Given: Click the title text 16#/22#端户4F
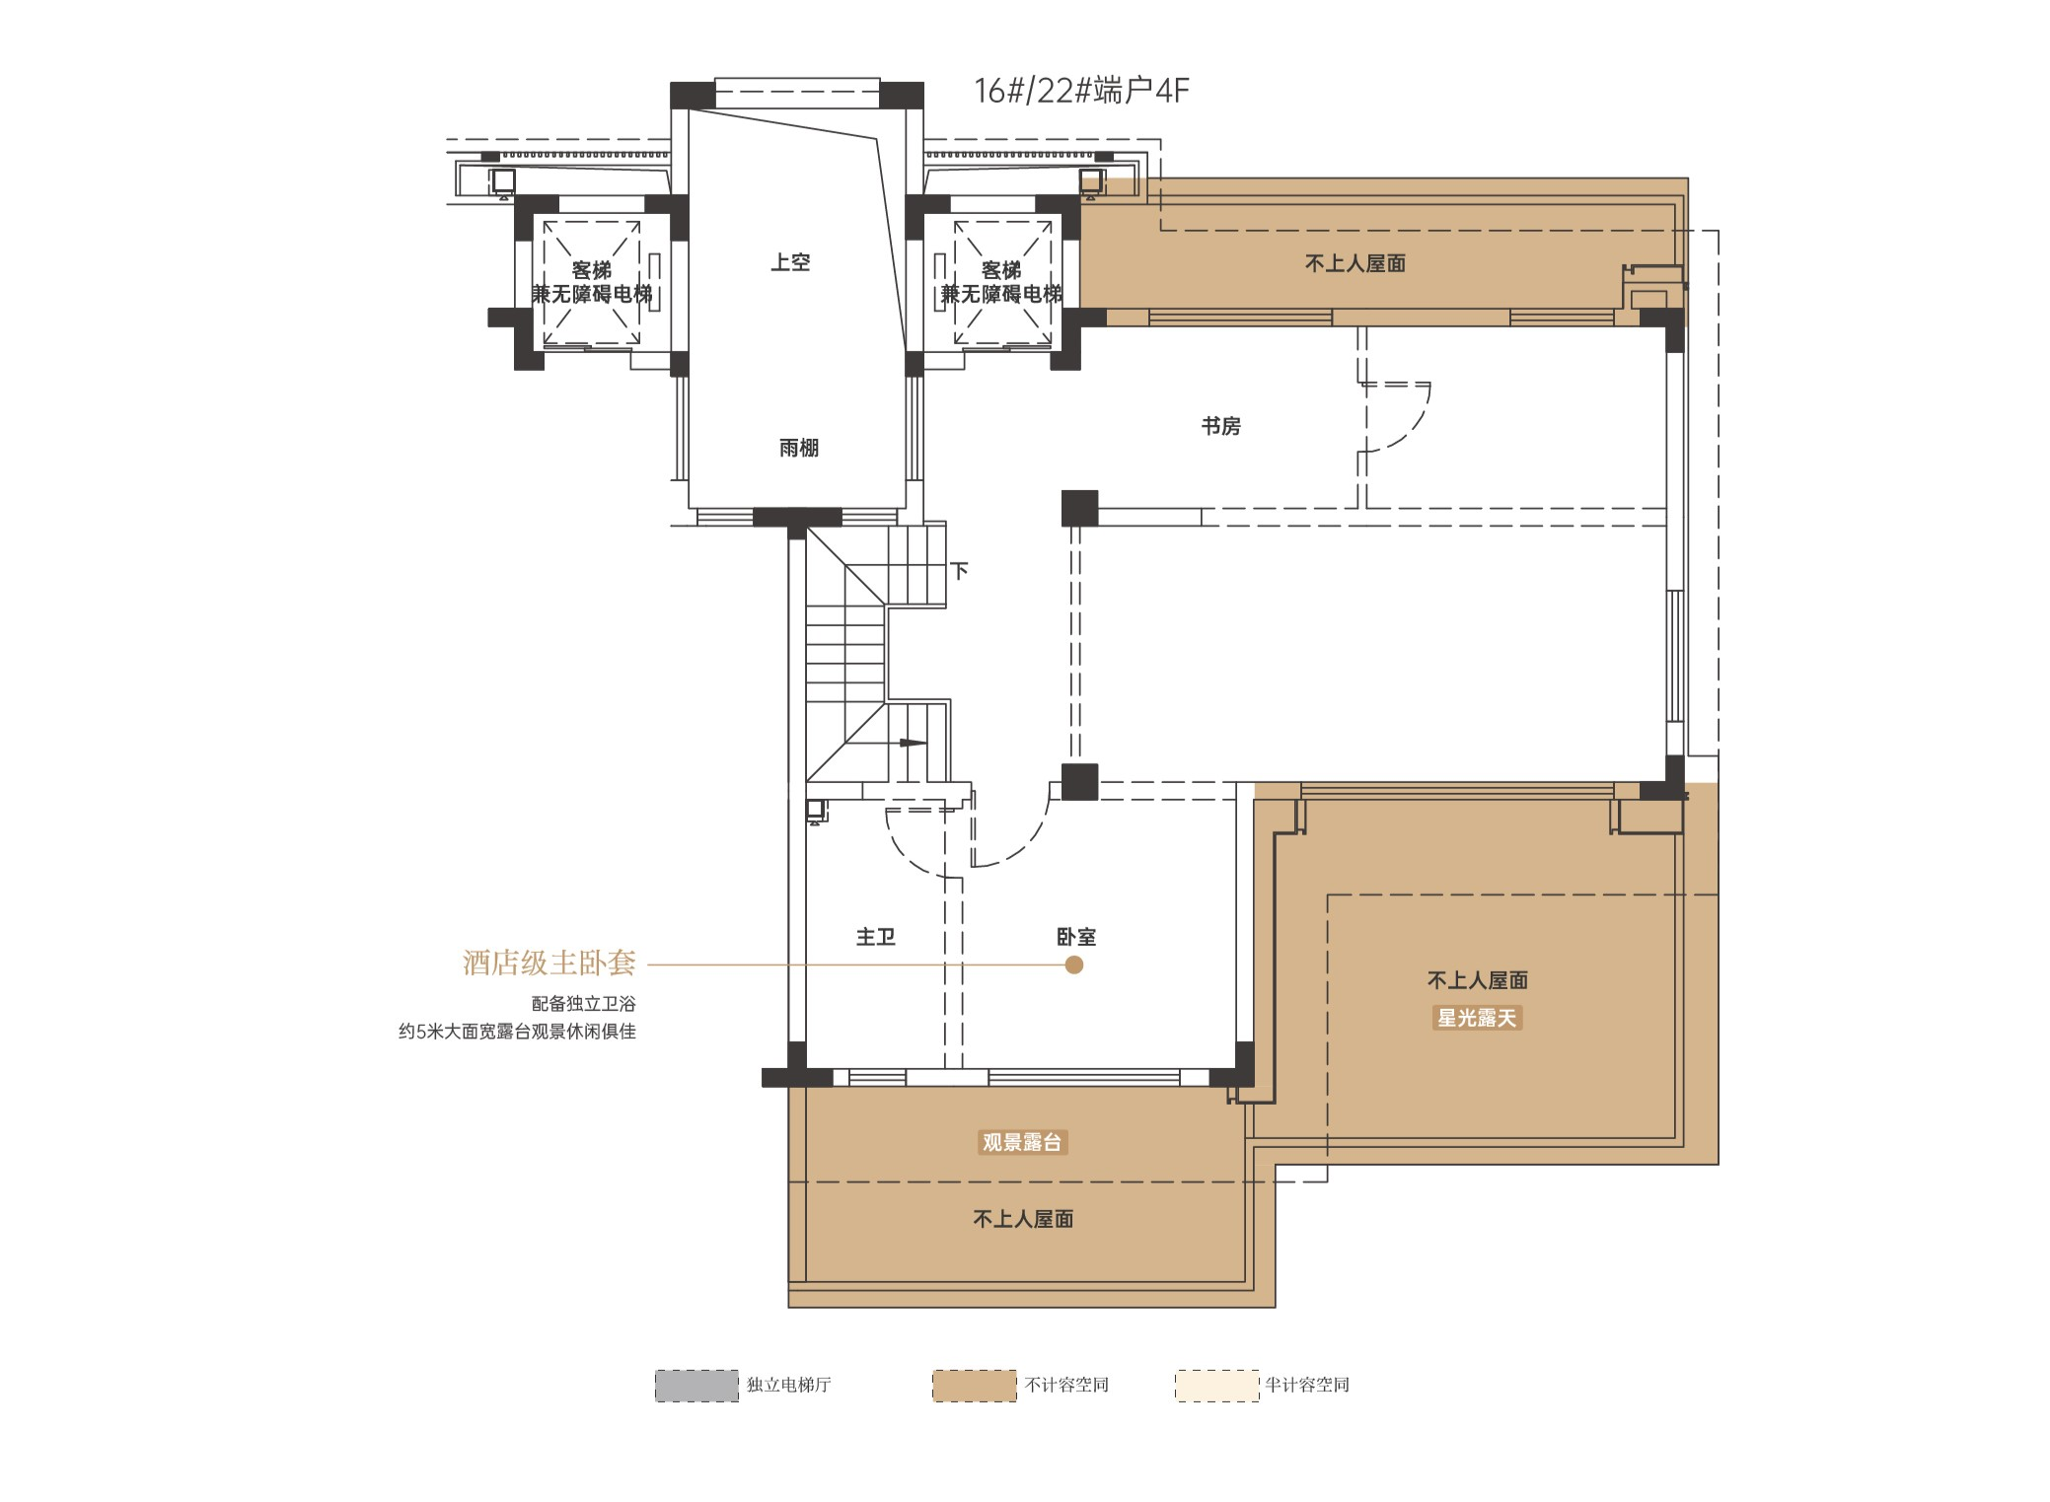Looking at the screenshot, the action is tap(1081, 91).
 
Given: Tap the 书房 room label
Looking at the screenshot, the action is tap(1220, 426).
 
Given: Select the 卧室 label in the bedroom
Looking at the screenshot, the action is tap(1076, 937).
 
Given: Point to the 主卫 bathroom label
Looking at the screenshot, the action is tap(875, 937).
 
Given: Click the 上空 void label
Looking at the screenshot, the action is tap(790, 262).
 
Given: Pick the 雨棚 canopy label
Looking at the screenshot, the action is tap(799, 448).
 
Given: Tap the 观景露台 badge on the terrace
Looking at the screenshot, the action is tap(1022, 1143).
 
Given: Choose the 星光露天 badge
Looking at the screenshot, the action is tap(1477, 1018).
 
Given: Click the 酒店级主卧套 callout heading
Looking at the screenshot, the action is tap(549, 963).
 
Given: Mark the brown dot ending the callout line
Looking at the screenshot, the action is tap(1074, 965).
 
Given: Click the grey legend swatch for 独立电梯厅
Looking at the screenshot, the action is tap(696, 1386).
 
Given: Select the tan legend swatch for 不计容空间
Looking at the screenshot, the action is tap(975, 1386).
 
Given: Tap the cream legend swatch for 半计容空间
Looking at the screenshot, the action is tap(1217, 1386).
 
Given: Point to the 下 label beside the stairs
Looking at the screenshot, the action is tap(959, 571).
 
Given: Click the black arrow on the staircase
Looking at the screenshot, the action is tap(911, 743).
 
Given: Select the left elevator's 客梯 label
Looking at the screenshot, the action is tap(592, 269).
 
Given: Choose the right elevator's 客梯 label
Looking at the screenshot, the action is tap(1001, 269).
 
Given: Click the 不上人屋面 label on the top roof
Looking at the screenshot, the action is tap(1355, 263).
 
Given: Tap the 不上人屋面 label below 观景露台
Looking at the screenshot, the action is tap(1023, 1219).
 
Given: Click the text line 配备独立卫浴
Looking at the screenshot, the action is tap(584, 1004).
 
